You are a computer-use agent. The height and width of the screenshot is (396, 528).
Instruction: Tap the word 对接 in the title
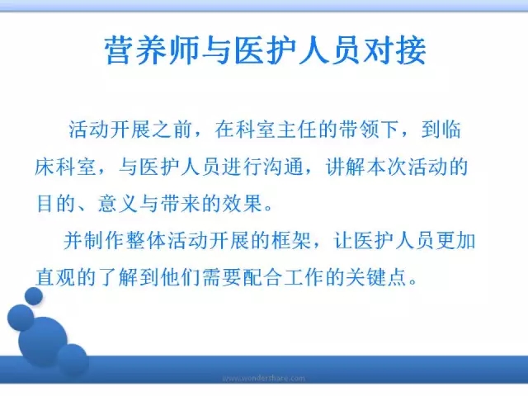pos(394,50)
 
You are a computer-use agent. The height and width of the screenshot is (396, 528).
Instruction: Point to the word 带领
pos(359,130)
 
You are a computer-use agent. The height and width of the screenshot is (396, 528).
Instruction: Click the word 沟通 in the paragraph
pos(283,167)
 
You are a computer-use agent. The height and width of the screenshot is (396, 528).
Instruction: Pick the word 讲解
pos(345,167)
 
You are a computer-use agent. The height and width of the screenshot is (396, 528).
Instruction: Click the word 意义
pos(118,204)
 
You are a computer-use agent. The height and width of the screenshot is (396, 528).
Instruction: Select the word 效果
pos(242,204)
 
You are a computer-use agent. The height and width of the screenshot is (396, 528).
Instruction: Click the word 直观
pos(55,278)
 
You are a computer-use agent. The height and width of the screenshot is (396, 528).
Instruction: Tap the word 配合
pos(262,278)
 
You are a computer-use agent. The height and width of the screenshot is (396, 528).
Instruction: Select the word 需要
pos(221,278)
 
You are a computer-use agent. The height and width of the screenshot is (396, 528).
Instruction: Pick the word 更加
pos(456,241)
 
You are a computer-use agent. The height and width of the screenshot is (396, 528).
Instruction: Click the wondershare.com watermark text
pos(264,378)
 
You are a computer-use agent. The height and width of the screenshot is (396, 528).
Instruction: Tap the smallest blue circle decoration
pos(34,296)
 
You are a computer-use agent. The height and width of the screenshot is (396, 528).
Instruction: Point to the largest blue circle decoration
pos(43,342)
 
